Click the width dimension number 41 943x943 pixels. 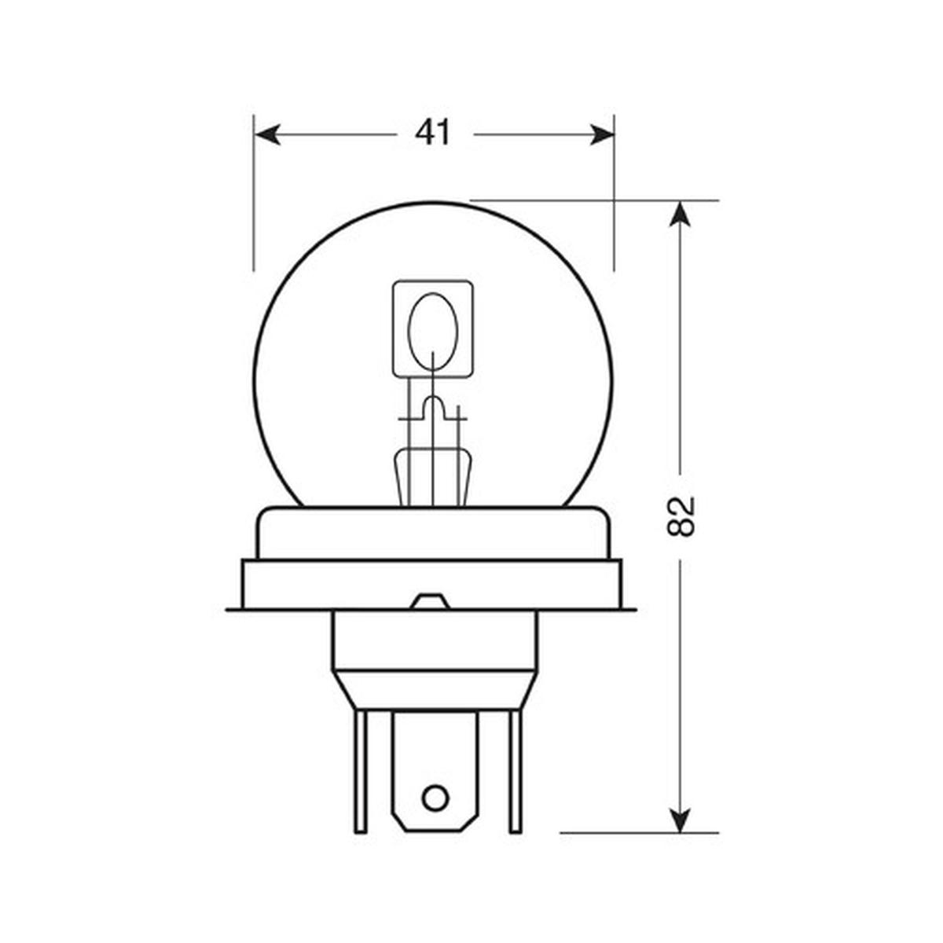tap(434, 134)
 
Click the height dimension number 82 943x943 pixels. tap(681, 516)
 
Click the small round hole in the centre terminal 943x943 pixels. tap(433, 798)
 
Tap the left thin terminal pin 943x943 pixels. tap(360, 770)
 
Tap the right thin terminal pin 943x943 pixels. tap(515, 770)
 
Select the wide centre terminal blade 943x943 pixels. tap(435, 754)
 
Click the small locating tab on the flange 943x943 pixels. tap(431, 602)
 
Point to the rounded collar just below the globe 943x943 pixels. tap(432, 533)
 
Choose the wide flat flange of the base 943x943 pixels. tap(432, 585)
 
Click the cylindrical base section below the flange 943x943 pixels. tap(435, 640)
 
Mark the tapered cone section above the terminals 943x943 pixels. tap(435, 689)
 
